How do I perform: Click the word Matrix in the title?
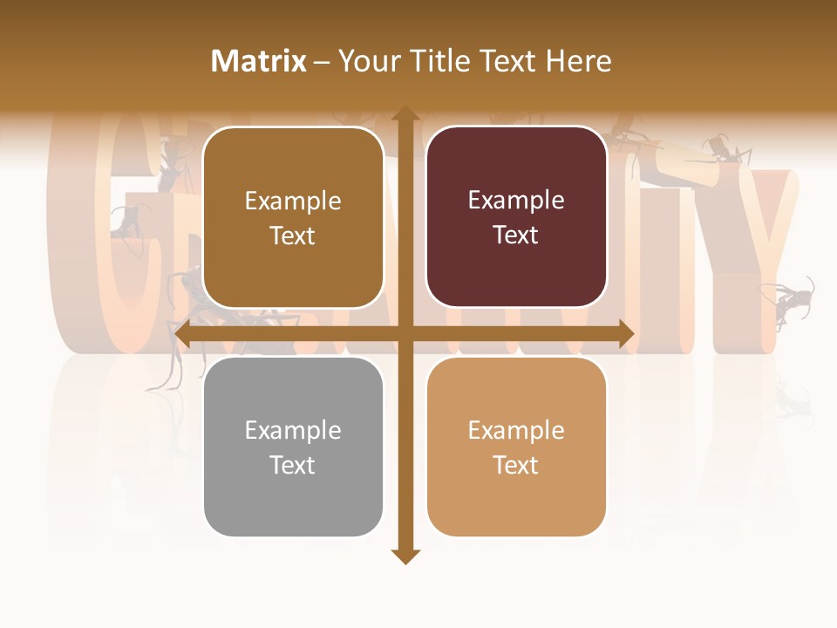tap(259, 61)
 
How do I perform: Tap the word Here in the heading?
tap(578, 61)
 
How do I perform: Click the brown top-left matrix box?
tap(293, 218)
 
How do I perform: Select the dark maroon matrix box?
tap(516, 217)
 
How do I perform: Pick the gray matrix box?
tap(293, 447)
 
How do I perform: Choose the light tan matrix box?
tap(516, 447)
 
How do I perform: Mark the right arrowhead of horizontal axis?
tap(625, 334)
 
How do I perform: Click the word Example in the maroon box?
tap(516, 201)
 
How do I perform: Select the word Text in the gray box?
tap(292, 465)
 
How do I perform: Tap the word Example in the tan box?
tap(516, 430)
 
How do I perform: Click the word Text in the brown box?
tap(292, 235)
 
